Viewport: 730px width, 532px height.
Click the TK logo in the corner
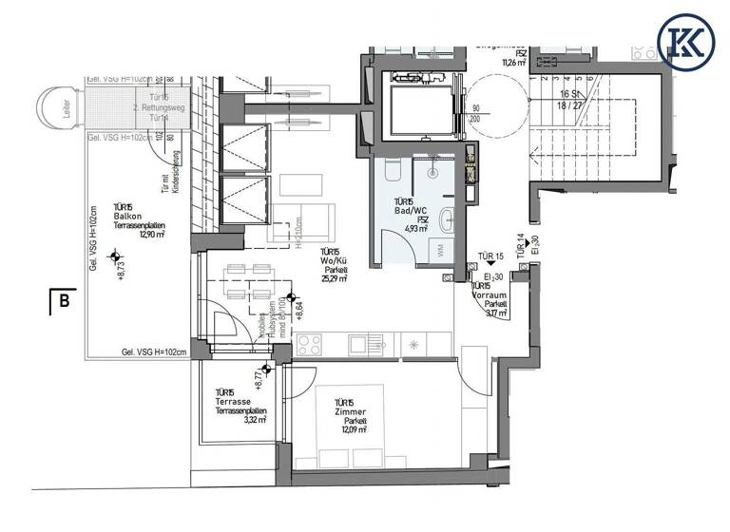point(686,40)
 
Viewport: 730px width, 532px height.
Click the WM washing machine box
point(442,251)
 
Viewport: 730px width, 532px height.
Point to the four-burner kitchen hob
point(311,344)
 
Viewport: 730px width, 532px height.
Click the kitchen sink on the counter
point(363,343)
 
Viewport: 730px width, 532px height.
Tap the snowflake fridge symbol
point(414,344)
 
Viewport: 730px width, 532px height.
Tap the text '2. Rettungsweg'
point(152,107)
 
